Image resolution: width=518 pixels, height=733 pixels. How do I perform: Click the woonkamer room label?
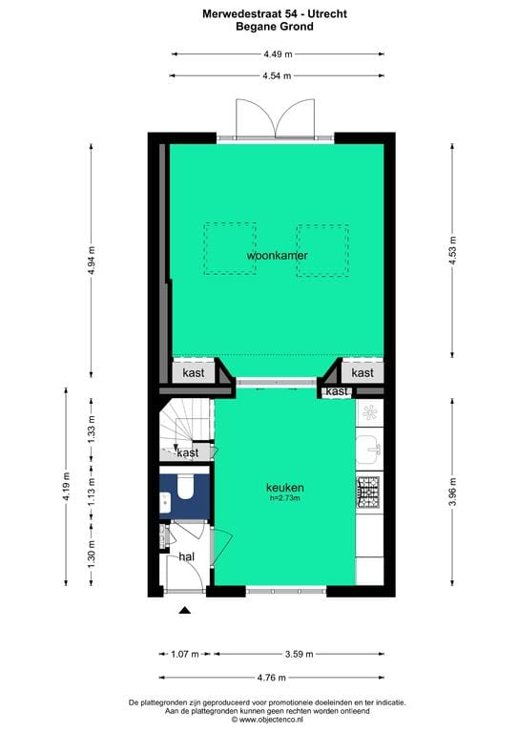point(277,256)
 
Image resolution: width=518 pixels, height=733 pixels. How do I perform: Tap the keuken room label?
point(285,488)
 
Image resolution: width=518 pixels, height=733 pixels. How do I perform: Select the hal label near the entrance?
point(187,556)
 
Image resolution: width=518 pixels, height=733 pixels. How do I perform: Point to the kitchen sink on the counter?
point(369,450)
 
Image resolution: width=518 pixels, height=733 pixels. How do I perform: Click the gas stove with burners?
point(369,492)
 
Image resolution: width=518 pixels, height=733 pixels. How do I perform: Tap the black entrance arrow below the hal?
point(185,610)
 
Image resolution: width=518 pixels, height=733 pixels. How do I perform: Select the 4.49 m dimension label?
point(278,54)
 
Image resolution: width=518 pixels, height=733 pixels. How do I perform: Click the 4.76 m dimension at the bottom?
point(271,678)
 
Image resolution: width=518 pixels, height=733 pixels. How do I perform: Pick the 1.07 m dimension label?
point(185,654)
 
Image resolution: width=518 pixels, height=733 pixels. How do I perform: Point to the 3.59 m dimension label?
point(299,654)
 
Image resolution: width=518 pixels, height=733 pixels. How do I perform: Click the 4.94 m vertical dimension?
point(92,261)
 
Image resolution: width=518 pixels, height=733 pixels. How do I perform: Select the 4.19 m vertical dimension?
point(66,487)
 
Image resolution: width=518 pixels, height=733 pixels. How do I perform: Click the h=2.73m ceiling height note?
point(285,498)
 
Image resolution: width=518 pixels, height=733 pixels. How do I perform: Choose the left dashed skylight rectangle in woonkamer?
point(230,249)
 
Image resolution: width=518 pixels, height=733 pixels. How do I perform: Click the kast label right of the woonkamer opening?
point(363,372)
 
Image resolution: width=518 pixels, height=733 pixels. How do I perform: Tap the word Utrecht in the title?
point(327,14)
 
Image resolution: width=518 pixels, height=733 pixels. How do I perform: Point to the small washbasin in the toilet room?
point(165,503)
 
